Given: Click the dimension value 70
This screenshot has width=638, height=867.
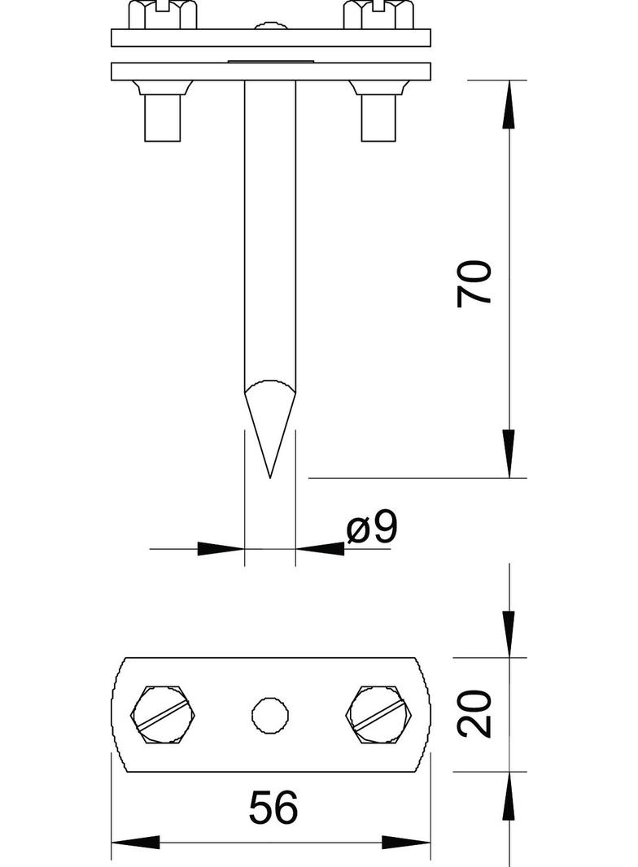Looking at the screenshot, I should pos(475,282).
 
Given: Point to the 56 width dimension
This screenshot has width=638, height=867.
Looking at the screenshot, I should pos(273,808).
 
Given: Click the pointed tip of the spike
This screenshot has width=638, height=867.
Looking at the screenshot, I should pos(269,475).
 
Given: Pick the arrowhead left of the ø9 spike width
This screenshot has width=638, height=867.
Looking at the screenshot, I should pos(221,549).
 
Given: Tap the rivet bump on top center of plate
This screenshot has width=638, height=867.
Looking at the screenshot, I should pos(269,27).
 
